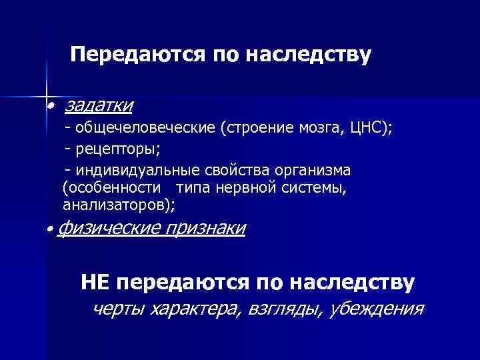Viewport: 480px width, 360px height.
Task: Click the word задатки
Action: click(98, 105)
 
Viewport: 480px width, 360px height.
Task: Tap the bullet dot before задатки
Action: click(50, 107)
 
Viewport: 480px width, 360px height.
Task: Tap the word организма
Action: click(313, 171)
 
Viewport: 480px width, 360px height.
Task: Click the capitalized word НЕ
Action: click(95, 283)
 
